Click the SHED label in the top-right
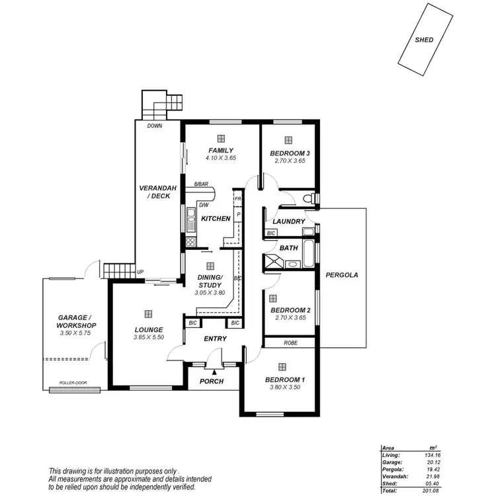(424, 40)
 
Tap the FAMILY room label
(221, 151)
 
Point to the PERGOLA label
(341, 275)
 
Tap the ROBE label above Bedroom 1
(290, 343)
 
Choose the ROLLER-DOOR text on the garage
(73, 382)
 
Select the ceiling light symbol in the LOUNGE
(148, 313)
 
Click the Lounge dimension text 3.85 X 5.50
(148, 337)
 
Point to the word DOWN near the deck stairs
(155, 125)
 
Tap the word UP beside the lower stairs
(140, 272)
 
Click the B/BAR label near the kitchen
(200, 185)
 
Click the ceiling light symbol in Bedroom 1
(282, 366)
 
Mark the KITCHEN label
(216, 218)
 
